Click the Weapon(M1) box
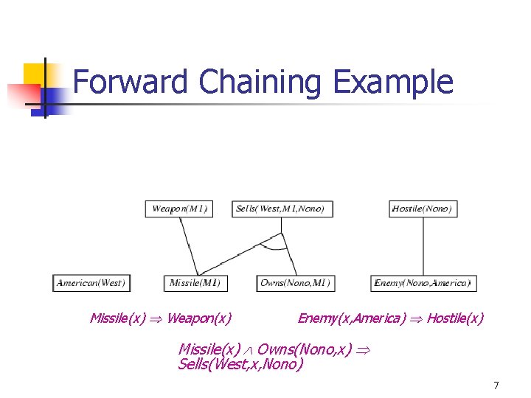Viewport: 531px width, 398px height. tap(180, 209)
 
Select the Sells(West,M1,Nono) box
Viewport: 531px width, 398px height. tap(281, 209)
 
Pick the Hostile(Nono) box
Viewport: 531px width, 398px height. tap(422, 209)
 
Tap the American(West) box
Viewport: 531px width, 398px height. tap(91, 282)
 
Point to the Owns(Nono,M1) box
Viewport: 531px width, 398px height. tap(295, 282)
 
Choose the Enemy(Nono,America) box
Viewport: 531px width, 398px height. tap(422, 282)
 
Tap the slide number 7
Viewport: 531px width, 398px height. tap(496, 385)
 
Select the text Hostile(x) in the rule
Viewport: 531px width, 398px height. tap(455, 318)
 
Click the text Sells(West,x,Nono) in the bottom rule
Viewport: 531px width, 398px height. tap(240, 364)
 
